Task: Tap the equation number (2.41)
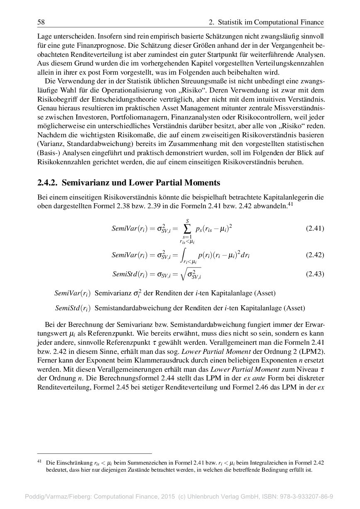[315, 228]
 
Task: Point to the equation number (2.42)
[315, 255]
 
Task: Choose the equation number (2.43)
[315, 274]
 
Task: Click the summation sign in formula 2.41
[187, 228]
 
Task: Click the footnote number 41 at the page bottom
[40, 461]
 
